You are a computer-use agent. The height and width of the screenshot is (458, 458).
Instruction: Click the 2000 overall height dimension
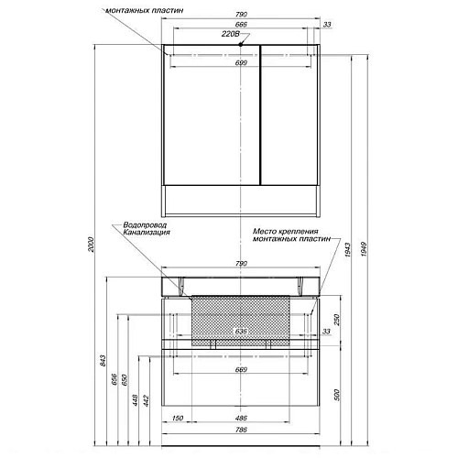point(92,245)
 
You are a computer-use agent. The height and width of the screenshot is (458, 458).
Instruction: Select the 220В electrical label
point(231,34)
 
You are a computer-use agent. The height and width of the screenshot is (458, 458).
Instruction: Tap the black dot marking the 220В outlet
point(241,45)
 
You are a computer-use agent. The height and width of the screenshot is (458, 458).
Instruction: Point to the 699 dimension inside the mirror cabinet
point(241,63)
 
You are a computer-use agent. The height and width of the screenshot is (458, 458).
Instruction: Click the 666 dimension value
point(241,24)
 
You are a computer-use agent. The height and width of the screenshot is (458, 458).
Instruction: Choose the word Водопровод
point(145,225)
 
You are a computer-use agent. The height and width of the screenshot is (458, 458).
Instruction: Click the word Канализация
point(147,233)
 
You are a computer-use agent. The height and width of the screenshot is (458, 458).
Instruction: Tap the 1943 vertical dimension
point(348,250)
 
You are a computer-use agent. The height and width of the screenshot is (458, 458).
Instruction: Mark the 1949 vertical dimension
point(364,249)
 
